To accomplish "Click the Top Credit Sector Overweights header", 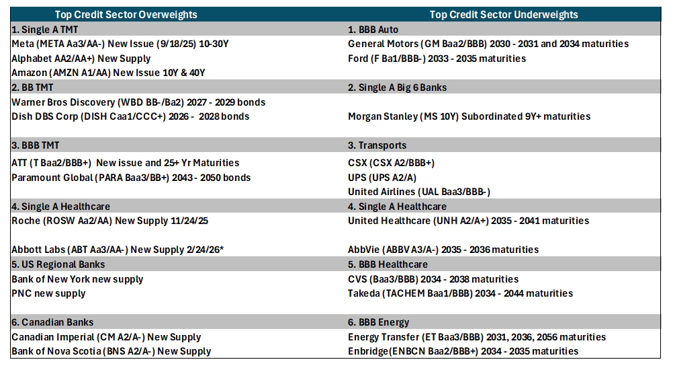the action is [126, 15].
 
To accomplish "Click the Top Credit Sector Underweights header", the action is [504, 15].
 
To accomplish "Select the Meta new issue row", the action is [120, 44].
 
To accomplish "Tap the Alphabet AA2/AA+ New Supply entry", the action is [81, 59].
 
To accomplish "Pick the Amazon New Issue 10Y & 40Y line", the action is [108, 73].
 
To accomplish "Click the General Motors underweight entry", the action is [488, 44].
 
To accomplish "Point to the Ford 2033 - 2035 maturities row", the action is [437, 59].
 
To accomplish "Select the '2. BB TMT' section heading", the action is [32, 87].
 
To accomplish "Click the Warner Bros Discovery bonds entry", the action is [138, 102].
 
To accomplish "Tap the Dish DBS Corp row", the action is [130, 116].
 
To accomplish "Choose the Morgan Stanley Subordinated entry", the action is [469, 116].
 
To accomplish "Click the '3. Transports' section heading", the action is [377, 145].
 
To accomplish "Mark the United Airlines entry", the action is [419, 192].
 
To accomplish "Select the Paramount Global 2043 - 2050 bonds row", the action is [131, 178].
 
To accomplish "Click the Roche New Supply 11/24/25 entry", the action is [109, 221].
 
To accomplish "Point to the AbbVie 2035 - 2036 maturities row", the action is [443, 250].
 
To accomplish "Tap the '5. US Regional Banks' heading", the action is [58, 264].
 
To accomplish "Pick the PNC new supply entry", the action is [48, 293].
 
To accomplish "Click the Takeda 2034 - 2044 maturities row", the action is [461, 293].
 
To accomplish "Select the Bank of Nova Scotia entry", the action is [111, 351].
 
